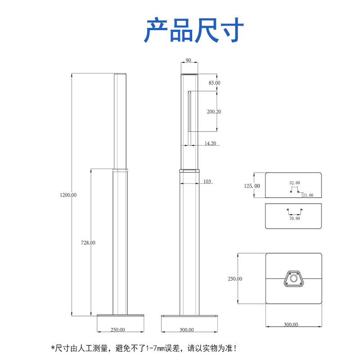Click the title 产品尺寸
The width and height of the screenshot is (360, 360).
(194, 31)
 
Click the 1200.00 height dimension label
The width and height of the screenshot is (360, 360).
(68, 195)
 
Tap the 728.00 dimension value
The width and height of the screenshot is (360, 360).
(88, 243)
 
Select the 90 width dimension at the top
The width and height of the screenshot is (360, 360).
(188, 60)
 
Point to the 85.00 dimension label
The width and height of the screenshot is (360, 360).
(214, 83)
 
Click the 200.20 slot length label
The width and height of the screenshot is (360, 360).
(214, 112)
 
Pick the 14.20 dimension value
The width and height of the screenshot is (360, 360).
(211, 144)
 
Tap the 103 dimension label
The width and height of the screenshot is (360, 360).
(207, 181)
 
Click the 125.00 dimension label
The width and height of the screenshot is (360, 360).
(252, 185)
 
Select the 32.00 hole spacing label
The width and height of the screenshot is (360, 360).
(294, 183)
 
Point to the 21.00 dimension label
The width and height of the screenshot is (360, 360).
(308, 195)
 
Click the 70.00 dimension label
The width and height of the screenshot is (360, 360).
(295, 218)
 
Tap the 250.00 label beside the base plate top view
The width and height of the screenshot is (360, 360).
(235, 279)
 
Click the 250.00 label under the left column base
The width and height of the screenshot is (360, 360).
(118, 330)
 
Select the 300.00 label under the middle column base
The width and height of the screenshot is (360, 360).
(187, 330)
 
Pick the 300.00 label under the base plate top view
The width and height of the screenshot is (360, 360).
(292, 324)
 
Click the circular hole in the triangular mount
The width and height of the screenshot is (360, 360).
(294, 279)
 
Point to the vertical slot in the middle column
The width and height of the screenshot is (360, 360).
(189, 111)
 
